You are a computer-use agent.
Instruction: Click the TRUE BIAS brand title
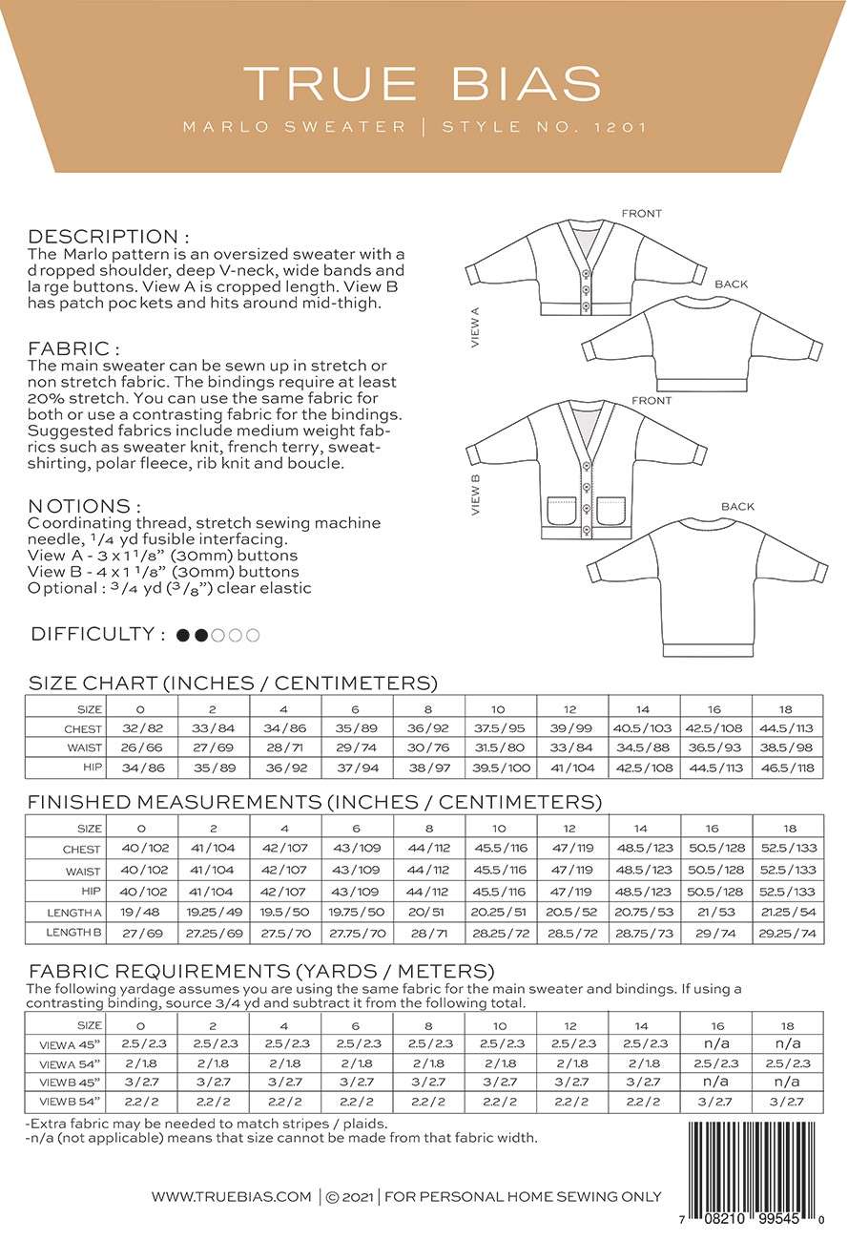click(x=423, y=83)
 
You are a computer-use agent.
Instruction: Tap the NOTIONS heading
click(x=85, y=505)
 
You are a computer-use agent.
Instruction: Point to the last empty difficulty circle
click(x=253, y=636)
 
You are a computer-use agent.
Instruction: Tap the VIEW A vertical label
click(x=475, y=326)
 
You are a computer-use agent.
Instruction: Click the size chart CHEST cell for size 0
click(x=144, y=728)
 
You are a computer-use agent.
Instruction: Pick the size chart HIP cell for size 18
click(x=788, y=768)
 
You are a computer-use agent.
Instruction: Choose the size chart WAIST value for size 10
click(x=501, y=748)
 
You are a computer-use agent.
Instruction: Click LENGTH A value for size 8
click(x=429, y=912)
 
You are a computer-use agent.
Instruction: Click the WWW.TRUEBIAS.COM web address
click(x=232, y=1196)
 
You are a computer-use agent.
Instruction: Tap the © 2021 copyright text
click(x=349, y=1196)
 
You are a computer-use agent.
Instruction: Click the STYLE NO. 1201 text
click(x=545, y=126)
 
